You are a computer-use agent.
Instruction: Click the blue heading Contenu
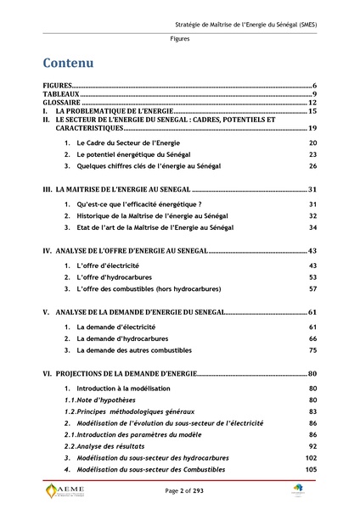coord(69,64)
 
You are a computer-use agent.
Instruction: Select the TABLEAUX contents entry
coord(61,94)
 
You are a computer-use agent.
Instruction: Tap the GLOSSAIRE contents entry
coord(63,103)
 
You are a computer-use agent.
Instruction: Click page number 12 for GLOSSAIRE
coord(312,103)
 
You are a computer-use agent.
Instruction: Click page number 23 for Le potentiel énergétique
coord(312,154)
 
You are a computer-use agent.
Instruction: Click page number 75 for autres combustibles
coord(312,350)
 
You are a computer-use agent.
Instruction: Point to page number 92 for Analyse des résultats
coord(312,445)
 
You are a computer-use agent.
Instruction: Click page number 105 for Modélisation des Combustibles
coord(311,469)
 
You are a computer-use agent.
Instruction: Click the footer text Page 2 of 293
coord(179,492)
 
